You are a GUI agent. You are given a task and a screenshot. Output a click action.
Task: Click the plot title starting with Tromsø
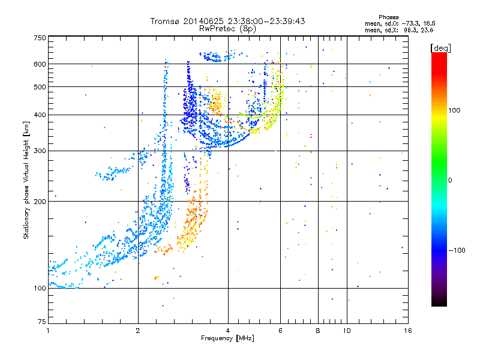(227, 21)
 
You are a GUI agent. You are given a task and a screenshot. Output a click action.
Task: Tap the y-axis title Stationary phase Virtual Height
(26, 180)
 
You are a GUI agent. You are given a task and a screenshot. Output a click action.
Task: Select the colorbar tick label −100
(457, 250)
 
